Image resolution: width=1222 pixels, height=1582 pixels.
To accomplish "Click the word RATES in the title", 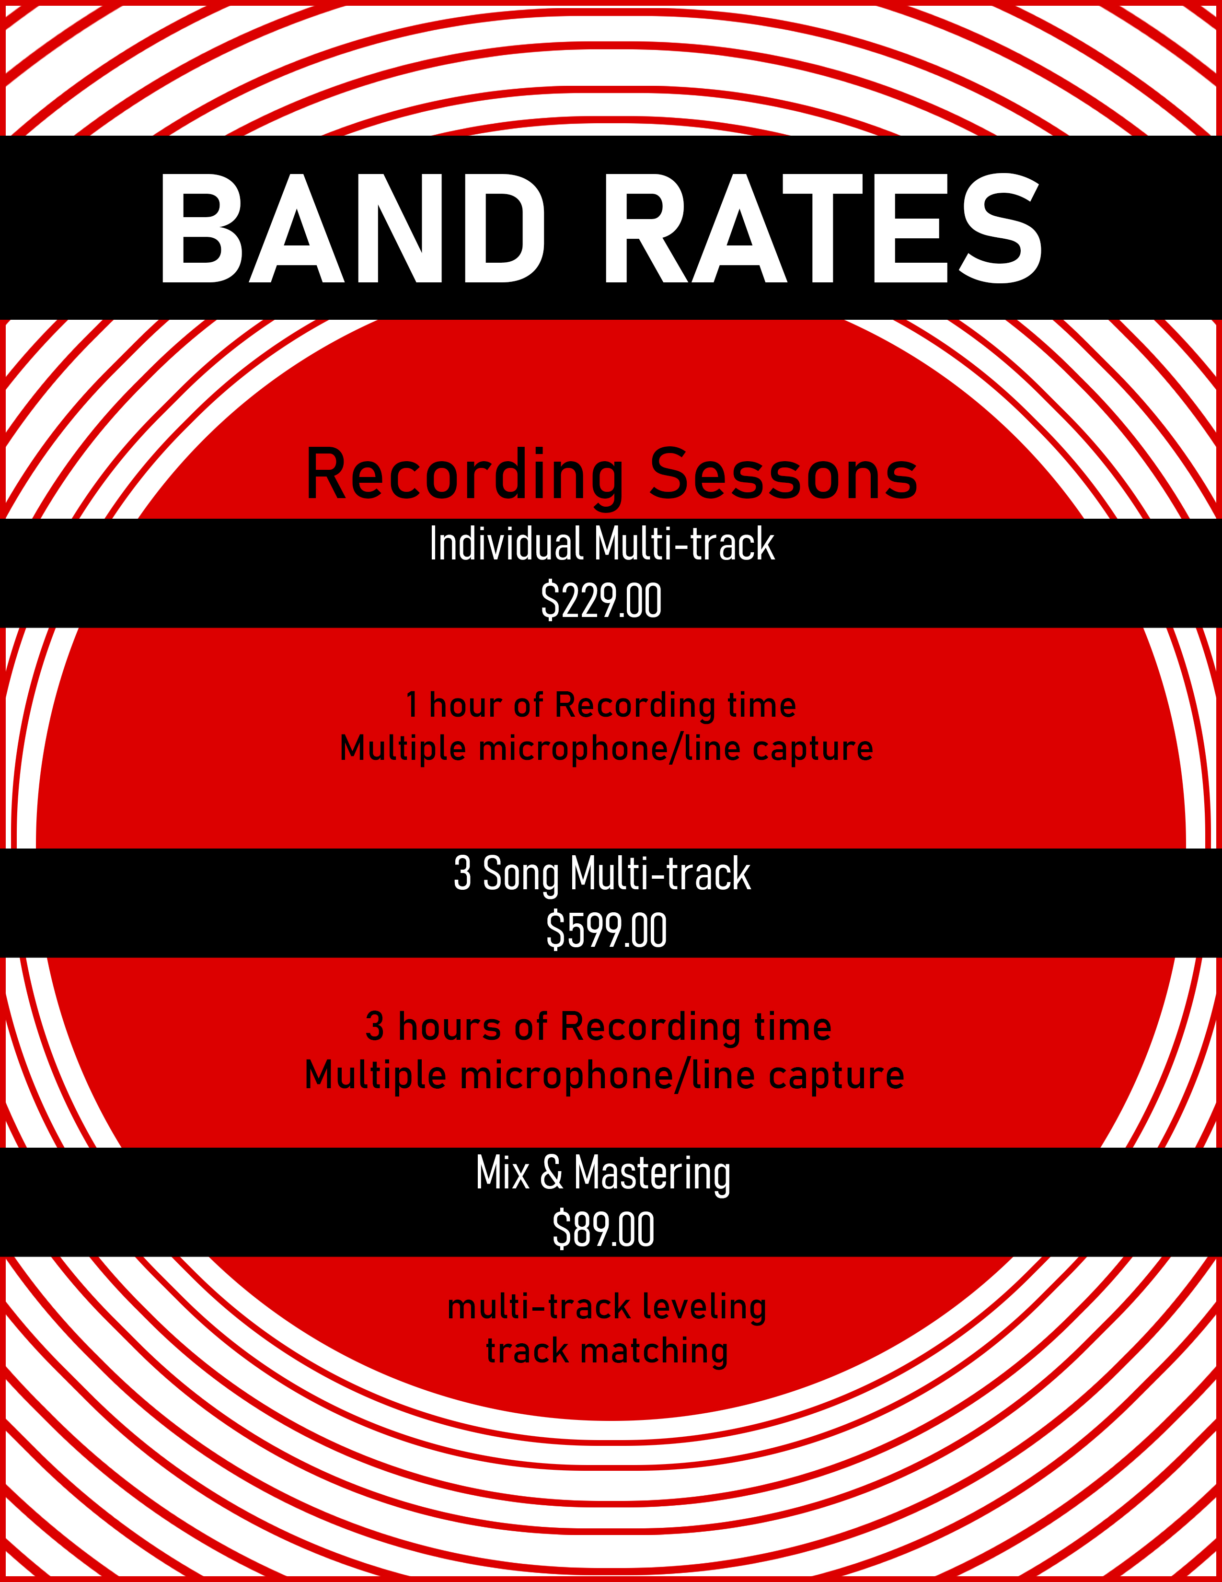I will click(822, 228).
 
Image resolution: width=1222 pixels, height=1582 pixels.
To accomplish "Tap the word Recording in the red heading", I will click(464, 476).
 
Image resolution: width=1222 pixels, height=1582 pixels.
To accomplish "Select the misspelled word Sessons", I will click(784, 476).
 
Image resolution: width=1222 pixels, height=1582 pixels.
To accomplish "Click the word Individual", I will click(506, 544).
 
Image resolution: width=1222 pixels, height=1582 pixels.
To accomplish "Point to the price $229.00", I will click(601, 601).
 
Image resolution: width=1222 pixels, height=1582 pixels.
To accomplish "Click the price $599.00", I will click(606, 931).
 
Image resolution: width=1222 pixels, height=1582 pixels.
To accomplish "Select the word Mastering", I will click(652, 1174).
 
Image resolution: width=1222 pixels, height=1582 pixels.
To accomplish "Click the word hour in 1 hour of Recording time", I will click(465, 705).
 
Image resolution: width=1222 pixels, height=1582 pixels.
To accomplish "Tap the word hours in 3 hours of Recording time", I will click(449, 1027).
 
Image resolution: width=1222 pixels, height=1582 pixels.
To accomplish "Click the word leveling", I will click(703, 1307).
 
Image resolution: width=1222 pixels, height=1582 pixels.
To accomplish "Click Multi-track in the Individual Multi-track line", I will click(684, 544).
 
